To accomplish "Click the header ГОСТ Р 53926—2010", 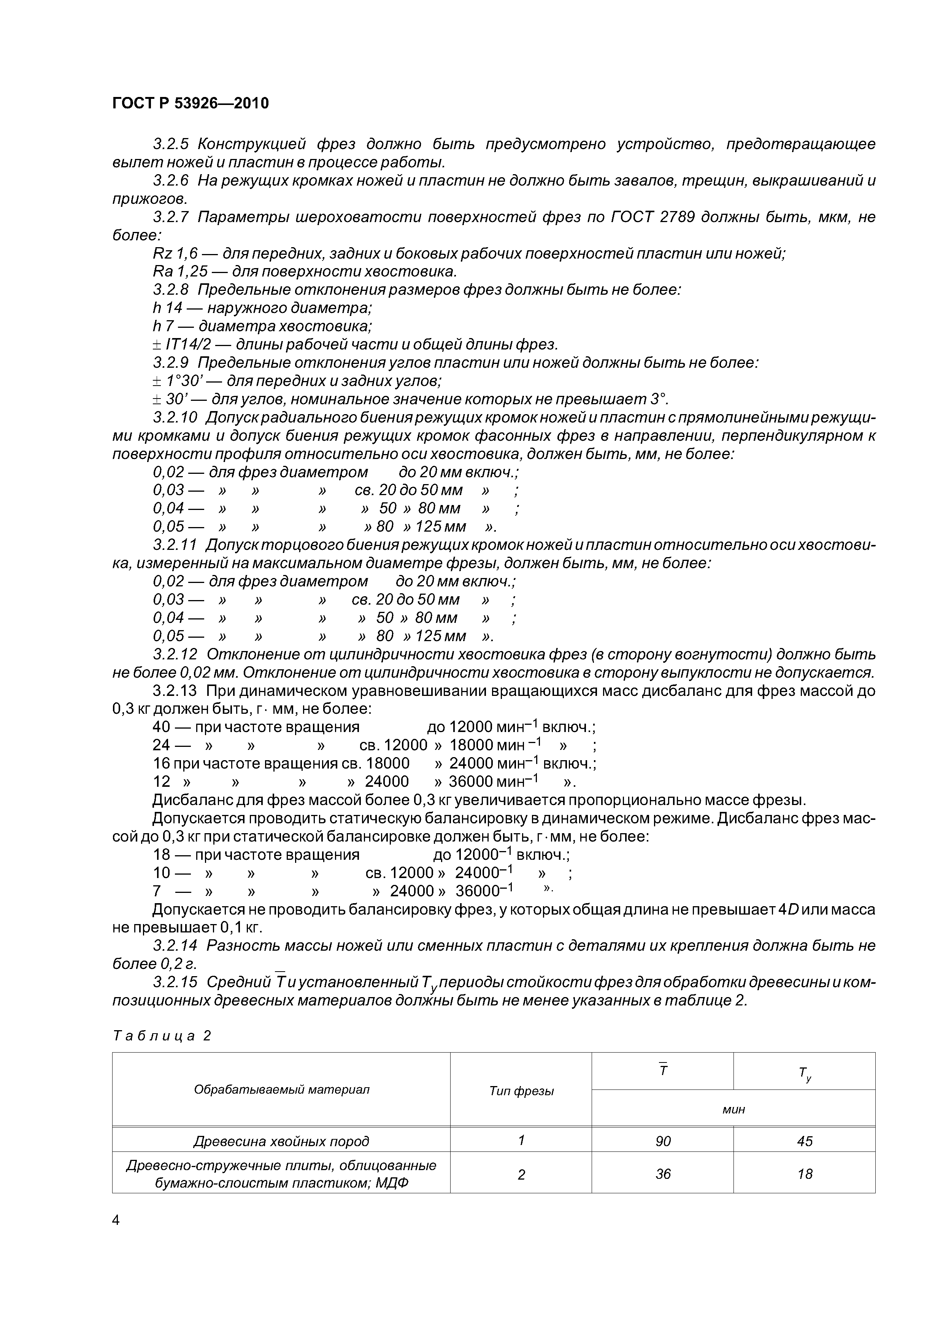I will coord(190,103).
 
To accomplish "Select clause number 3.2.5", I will coord(172,144).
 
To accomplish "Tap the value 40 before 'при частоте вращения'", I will coord(162,727).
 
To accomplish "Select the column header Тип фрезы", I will coord(521,1091).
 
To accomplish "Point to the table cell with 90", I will coord(662,1142).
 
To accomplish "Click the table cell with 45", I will coord(804,1142).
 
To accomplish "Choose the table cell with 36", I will coord(662,1174).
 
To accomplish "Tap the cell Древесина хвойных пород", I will coord(281,1142).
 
